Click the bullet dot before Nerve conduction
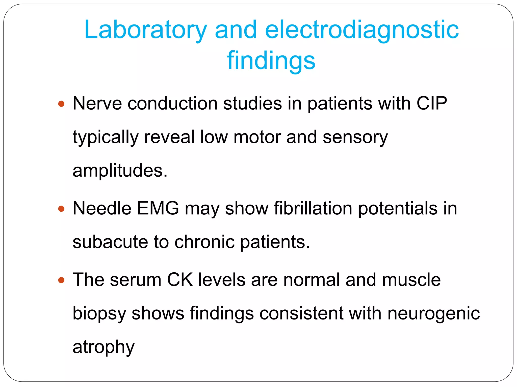(x=61, y=104)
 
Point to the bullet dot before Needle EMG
(x=61, y=209)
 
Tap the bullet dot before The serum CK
(x=61, y=280)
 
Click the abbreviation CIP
(x=432, y=103)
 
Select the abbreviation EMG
(x=158, y=208)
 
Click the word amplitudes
(x=120, y=171)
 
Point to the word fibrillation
(x=313, y=208)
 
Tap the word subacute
(x=110, y=242)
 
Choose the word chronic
(x=204, y=242)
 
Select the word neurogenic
(x=433, y=314)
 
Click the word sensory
(x=355, y=137)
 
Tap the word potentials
(x=398, y=208)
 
